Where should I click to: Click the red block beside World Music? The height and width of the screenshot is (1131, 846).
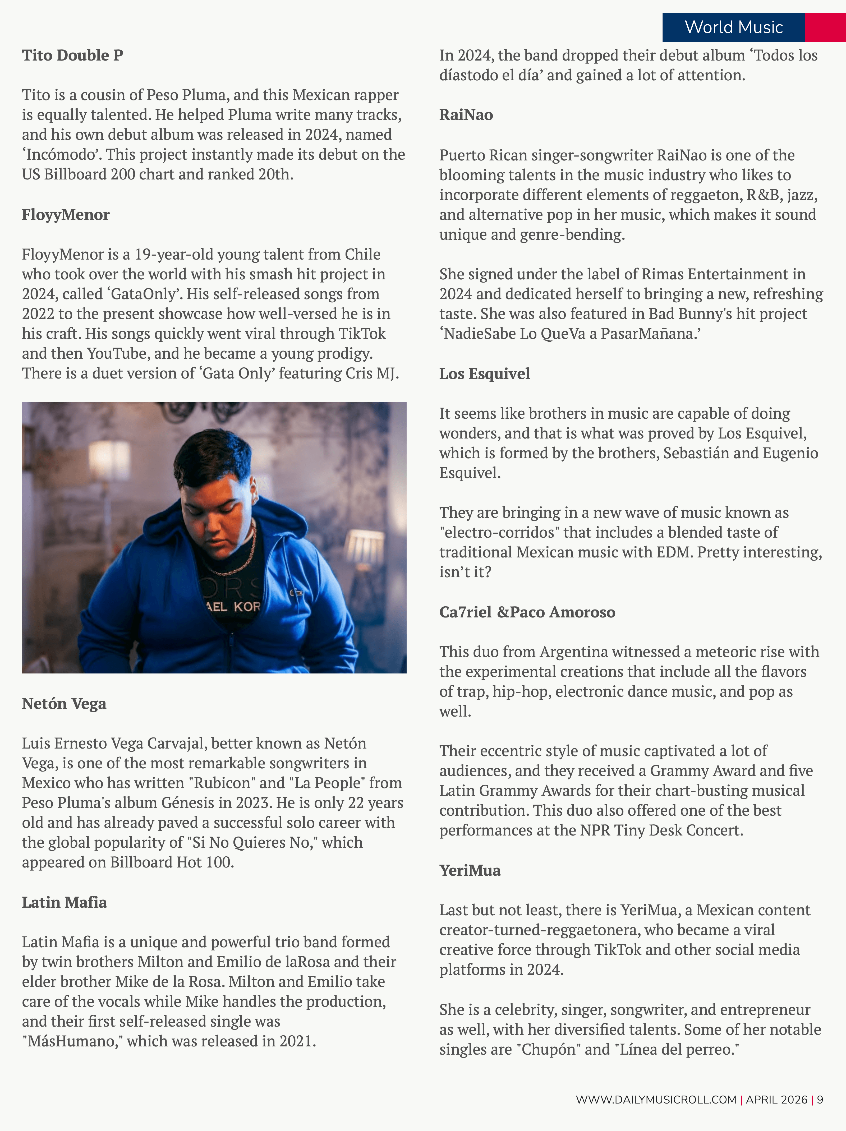click(x=825, y=27)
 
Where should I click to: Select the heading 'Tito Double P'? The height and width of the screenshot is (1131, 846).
click(x=72, y=55)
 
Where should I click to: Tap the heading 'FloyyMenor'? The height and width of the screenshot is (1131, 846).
click(x=66, y=215)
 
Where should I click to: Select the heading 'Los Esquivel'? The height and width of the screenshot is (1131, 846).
click(x=484, y=374)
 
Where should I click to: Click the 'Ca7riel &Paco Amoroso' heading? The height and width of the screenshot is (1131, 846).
click(x=527, y=612)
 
